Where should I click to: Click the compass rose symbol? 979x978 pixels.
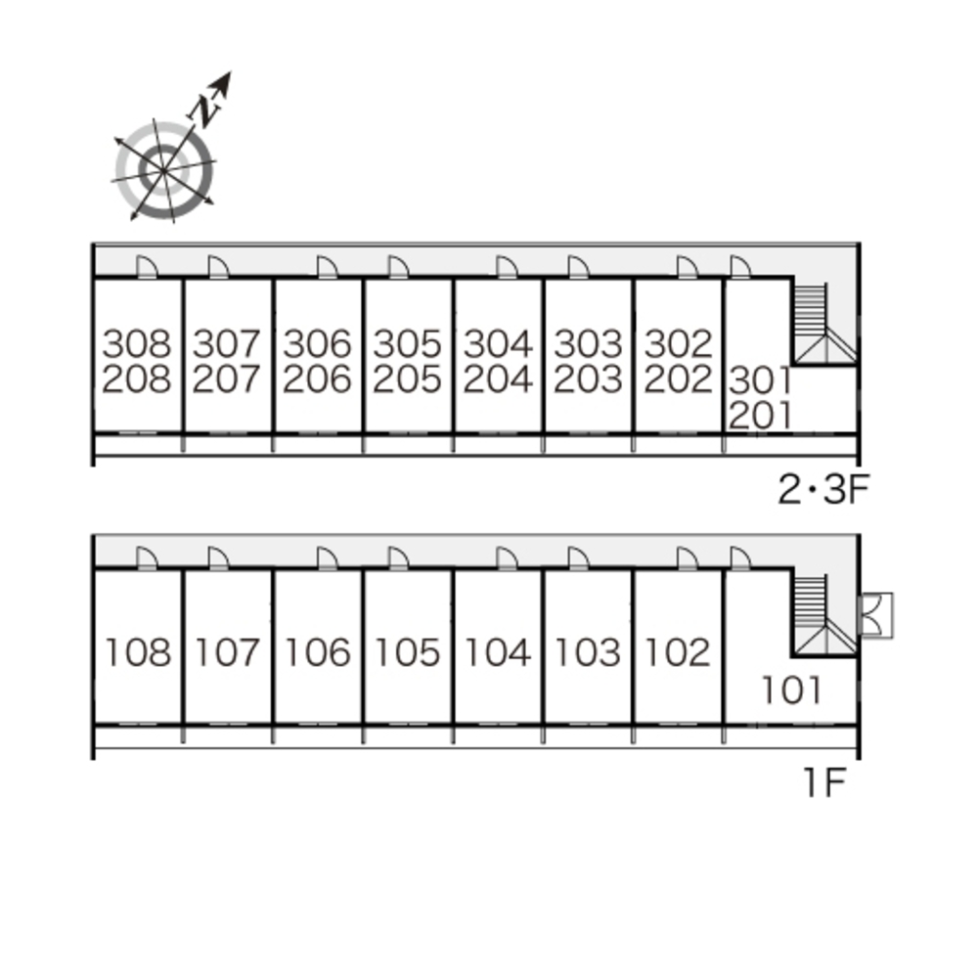pos(164,170)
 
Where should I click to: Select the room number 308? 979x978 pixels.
pos(137,343)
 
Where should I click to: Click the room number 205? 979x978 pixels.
pos(407,379)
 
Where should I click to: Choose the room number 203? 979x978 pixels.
pos(588,379)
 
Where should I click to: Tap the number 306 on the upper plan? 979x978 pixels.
pos(317,343)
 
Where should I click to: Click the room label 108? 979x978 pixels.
pos(137,651)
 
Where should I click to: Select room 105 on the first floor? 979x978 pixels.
pos(407,651)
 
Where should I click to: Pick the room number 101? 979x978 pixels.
pos(792,690)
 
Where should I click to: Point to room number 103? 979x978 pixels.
pos(588,651)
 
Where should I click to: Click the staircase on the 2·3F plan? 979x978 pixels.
pos(818,324)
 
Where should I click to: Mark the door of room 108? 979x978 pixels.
pos(146,557)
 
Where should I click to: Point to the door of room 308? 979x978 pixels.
pos(146,267)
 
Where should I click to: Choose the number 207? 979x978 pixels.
pos(227,379)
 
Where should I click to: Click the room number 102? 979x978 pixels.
pos(678,651)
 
